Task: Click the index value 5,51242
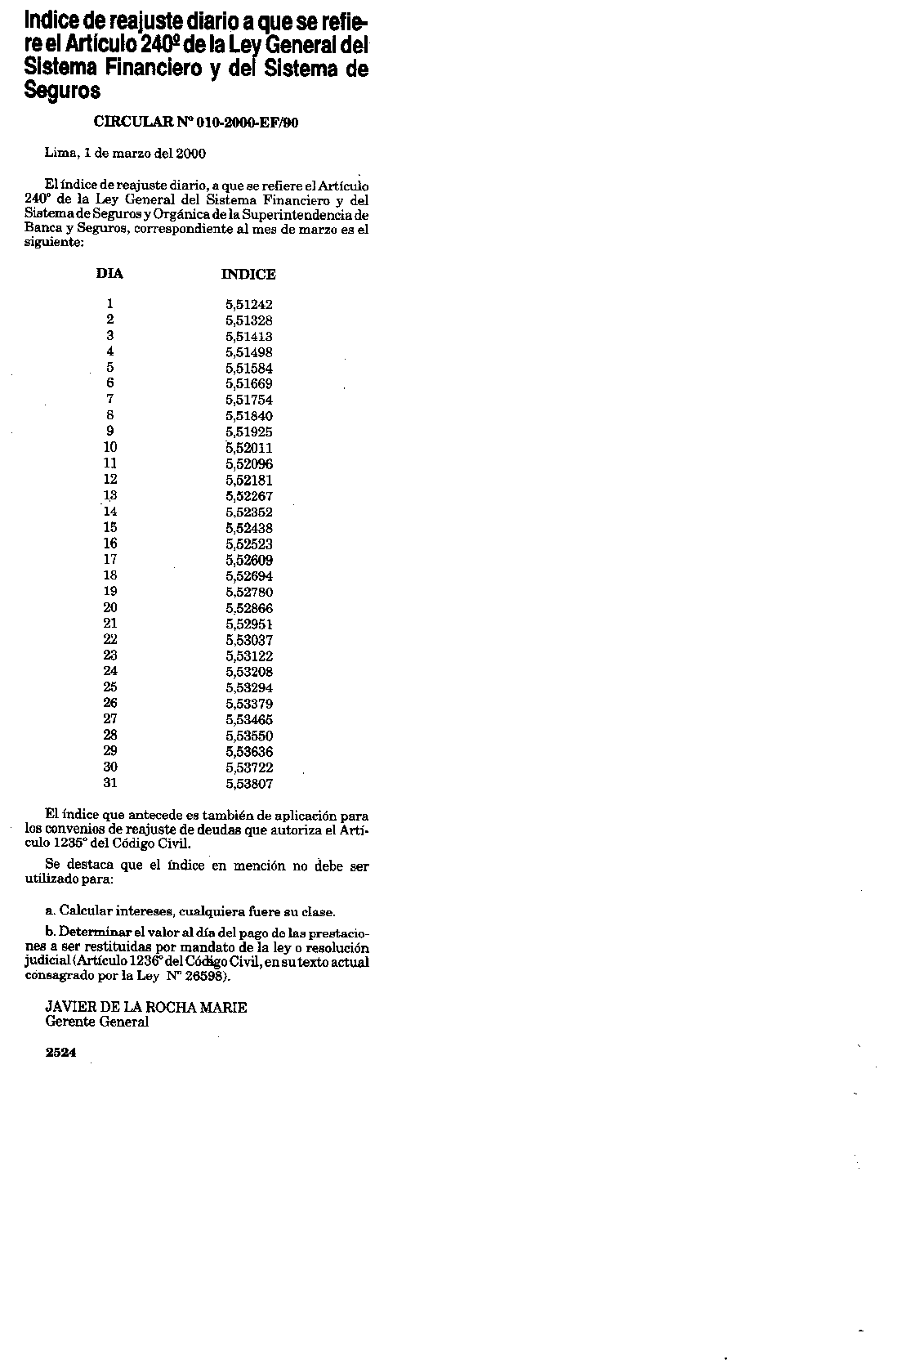coord(249,305)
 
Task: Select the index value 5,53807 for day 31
coord(249,784)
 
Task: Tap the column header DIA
coord(109,274)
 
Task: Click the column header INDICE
coord(248,275)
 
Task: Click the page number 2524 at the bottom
coord(61,1054)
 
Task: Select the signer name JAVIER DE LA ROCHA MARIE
coord(145,1008)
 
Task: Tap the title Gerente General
coord(96,1022)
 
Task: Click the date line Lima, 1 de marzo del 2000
coord(125,153)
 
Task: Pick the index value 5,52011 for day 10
coord(249,448)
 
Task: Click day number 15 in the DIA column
coord(110,528)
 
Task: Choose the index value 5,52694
coord(249,576)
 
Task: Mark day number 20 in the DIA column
coord(110,607)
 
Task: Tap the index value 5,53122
coord(249,656)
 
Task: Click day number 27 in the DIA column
coord(110,719)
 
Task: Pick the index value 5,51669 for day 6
coord(249,384)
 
